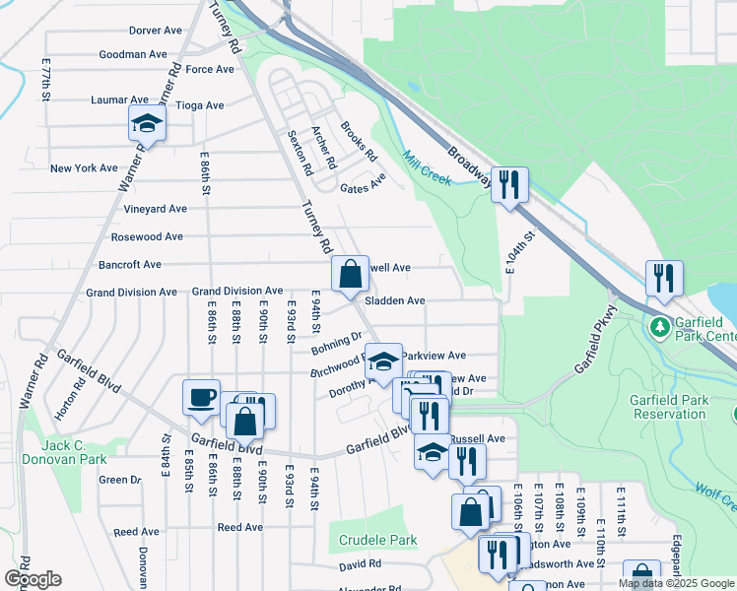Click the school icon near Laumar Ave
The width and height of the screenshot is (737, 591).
click(147, 123)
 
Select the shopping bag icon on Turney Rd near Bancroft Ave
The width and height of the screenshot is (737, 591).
click(350, 273)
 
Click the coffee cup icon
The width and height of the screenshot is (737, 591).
click(202, 398)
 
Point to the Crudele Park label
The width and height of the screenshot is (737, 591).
click(378, 541)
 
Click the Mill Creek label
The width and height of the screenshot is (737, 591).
click(426, 167)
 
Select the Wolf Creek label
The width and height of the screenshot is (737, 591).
click(715, 495)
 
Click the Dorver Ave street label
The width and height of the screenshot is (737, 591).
click(156, 31)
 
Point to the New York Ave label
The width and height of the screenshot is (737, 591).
click(84, 168)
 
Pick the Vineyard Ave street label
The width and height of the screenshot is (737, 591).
click(155, 209)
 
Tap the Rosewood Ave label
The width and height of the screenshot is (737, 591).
click(147, 237)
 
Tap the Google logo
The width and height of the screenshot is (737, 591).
click(33, 579)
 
